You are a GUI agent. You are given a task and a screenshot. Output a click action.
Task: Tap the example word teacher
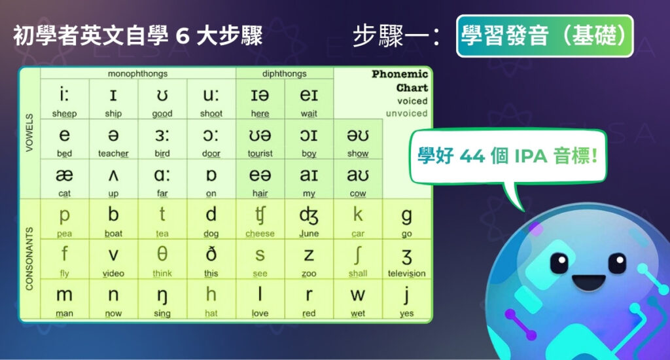113,154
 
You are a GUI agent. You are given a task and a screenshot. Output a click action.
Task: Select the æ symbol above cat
65,175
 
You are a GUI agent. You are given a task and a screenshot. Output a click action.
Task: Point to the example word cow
358,194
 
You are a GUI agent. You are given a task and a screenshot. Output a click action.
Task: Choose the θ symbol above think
162,254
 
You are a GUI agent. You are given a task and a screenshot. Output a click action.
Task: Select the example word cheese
260,234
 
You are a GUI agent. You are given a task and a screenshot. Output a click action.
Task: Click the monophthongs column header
137,74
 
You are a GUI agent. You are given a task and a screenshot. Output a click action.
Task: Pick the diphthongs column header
284,74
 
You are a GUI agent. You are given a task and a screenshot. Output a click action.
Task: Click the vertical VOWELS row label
29,134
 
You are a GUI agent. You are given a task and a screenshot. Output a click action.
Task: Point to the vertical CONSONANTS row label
29,259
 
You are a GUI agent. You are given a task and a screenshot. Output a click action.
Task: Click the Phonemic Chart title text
400,81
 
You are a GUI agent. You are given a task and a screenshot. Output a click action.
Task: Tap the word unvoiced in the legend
406,113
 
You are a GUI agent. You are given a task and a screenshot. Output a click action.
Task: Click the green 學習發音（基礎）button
544,36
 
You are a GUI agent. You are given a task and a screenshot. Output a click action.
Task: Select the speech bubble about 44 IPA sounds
508,158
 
